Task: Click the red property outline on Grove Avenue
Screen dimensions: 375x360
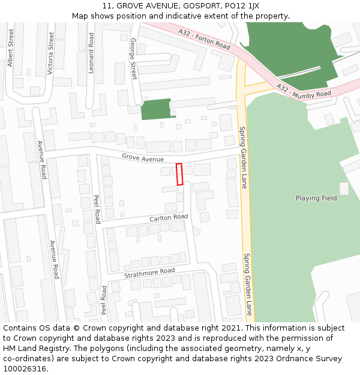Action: click(x=179, y=174)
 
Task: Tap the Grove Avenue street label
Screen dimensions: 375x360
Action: click(x=143, y=158)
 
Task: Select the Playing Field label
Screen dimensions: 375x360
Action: click(x=316, y=198)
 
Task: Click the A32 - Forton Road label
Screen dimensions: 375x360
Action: click(x=204, y=38)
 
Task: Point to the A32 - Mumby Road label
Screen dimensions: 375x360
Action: click(x=304, y=91)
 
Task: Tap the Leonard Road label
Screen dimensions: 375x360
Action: click(x=91, y=53)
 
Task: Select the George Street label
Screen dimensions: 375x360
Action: click(x=133, y=59)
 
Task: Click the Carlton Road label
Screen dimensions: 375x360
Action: click(x=169, y=217)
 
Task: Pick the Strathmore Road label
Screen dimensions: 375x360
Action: click(x=149, y=273)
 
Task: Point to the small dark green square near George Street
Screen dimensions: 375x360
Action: click(x=155, y=109)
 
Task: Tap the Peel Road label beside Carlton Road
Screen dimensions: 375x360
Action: click(x=97, y=209)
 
